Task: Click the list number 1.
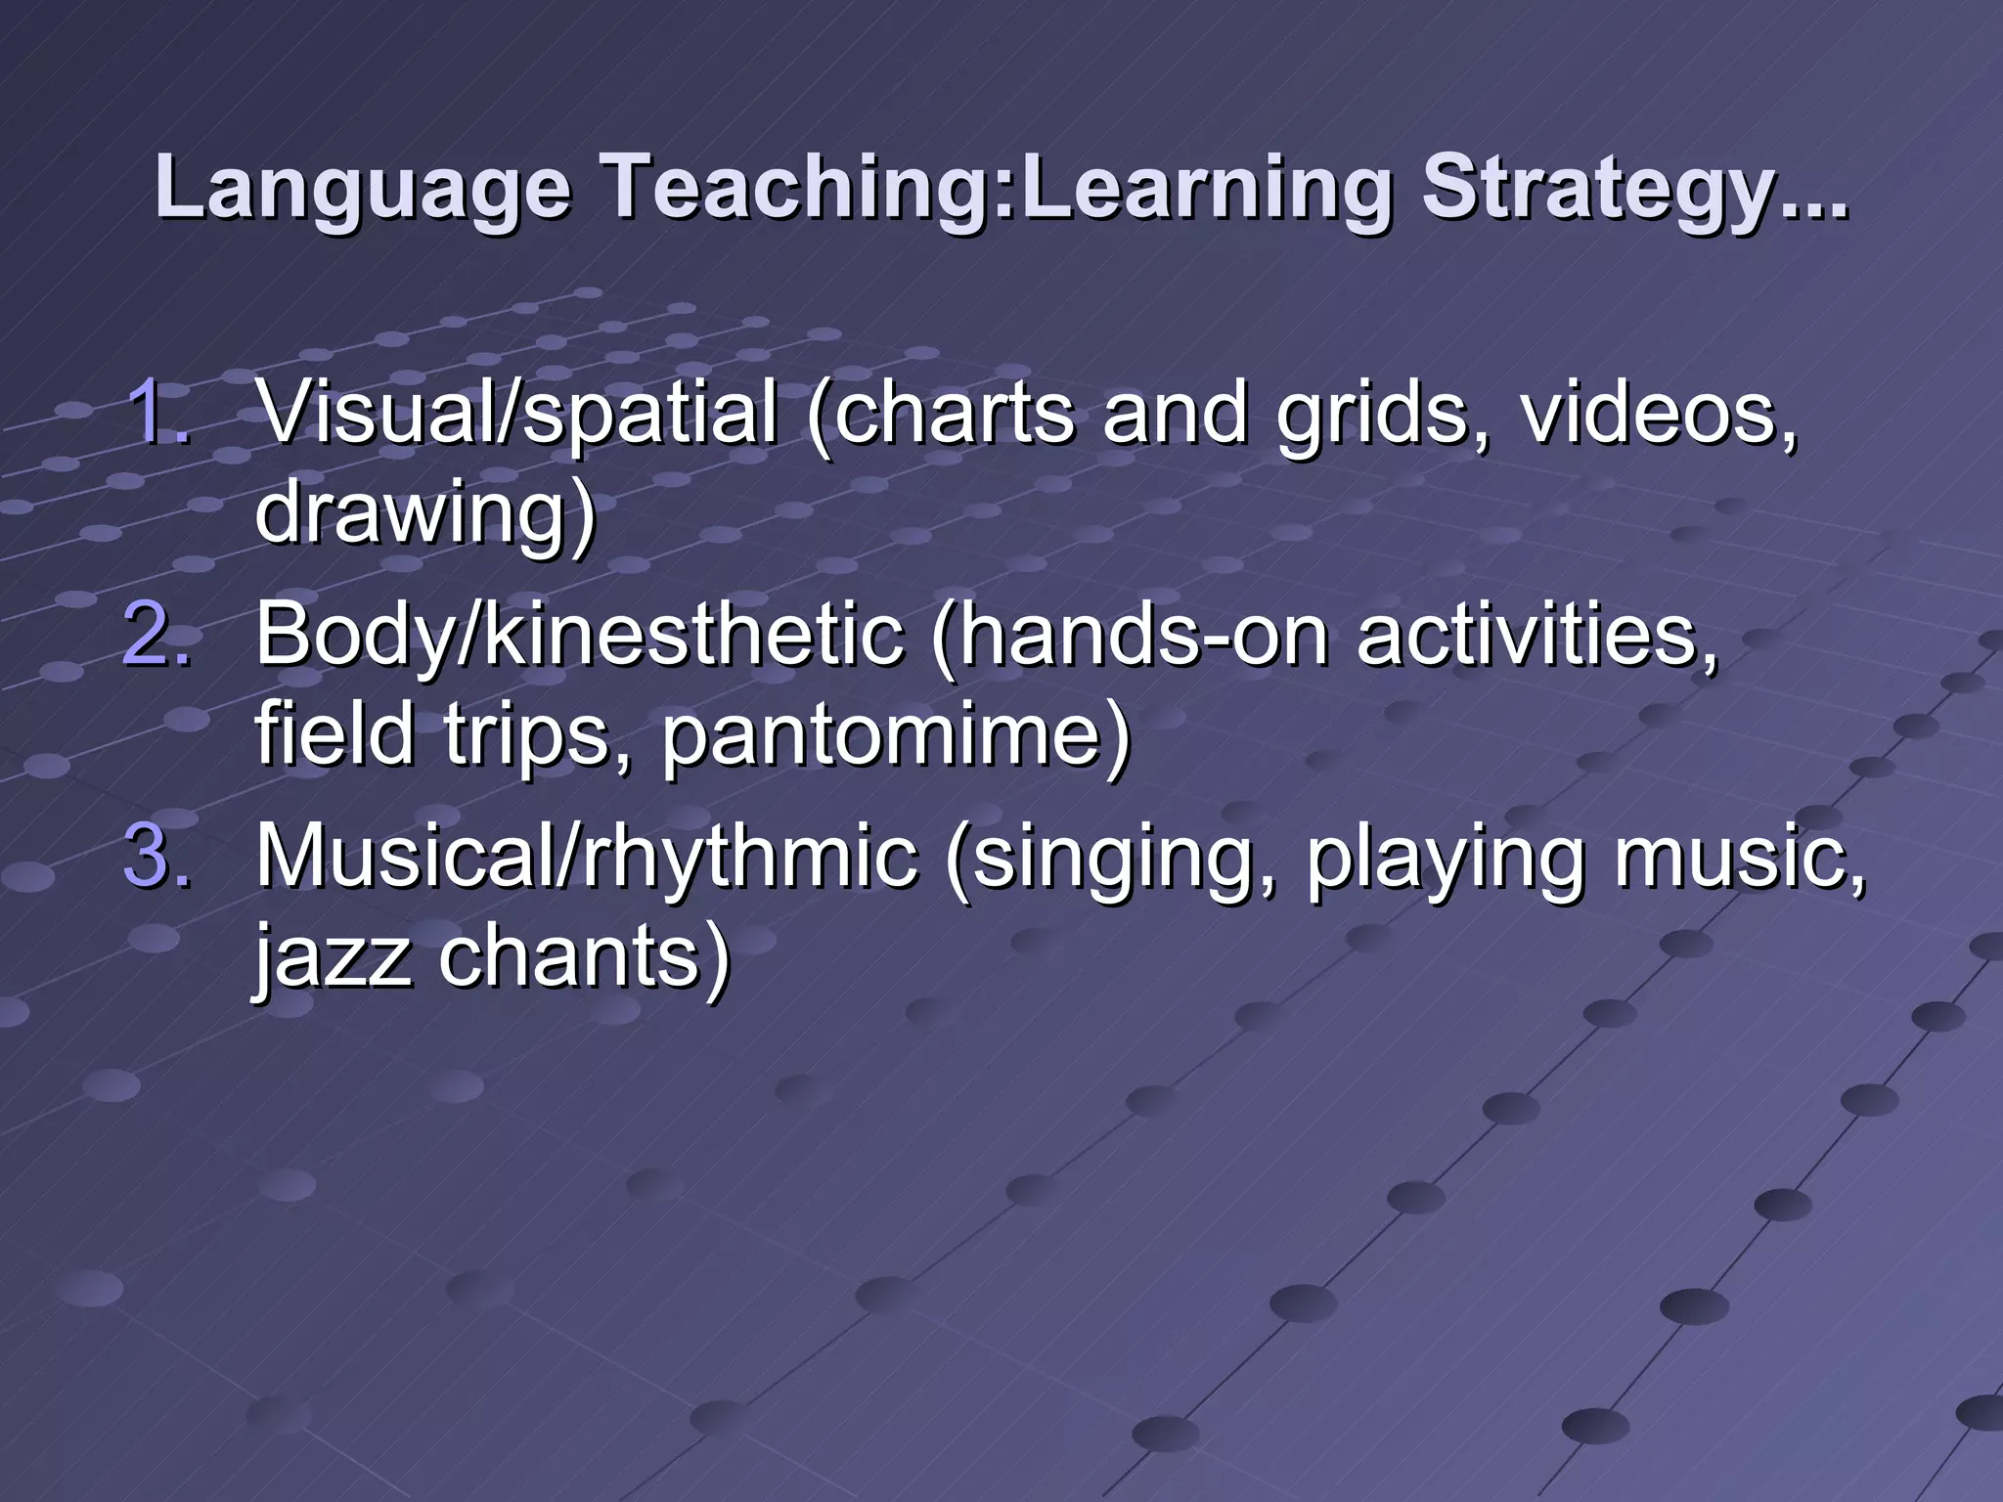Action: click(156, 413)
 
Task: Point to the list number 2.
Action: click(156, 635)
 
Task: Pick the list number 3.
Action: click(156, 857)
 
